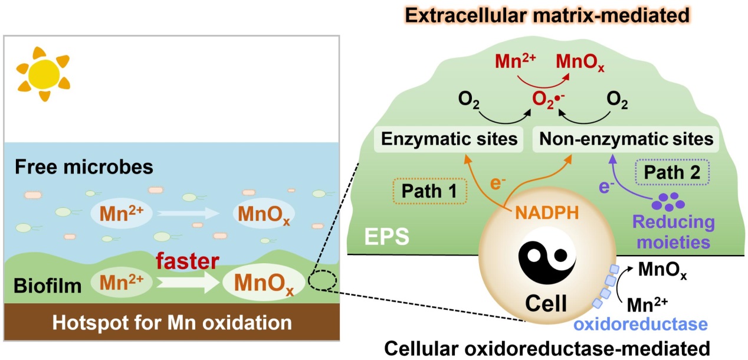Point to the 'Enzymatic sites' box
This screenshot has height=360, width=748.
click(450, 140)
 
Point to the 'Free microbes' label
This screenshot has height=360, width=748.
click(84, 167)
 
